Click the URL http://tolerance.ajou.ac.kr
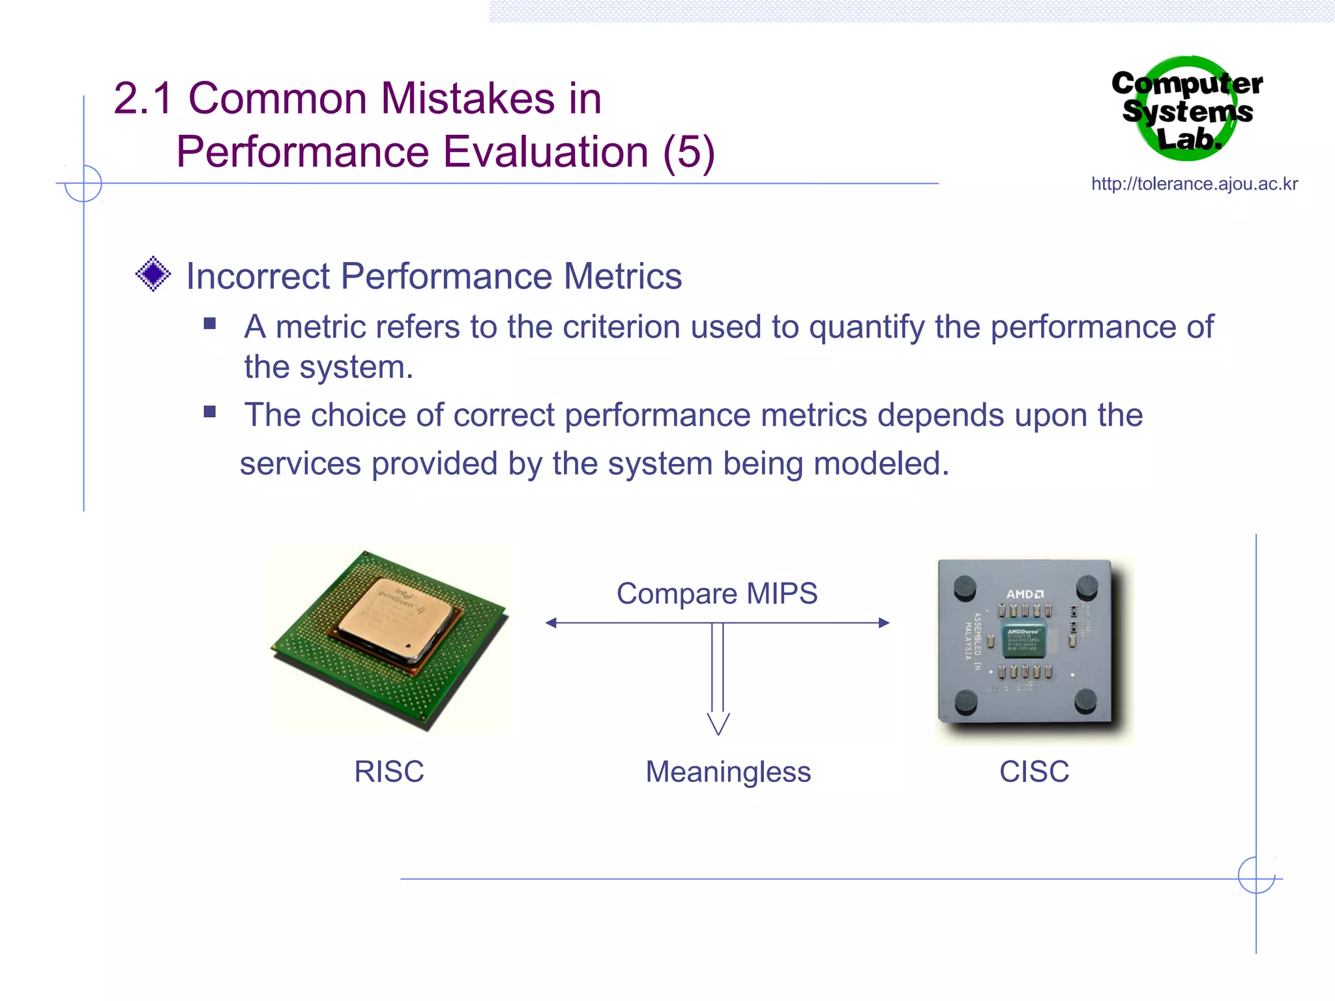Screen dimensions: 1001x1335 [1194, 184]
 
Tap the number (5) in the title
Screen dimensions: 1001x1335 [689, 152]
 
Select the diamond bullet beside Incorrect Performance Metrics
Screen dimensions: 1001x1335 [153, 274]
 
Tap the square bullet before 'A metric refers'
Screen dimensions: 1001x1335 [210, 324]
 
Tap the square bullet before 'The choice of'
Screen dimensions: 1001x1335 [210, 412]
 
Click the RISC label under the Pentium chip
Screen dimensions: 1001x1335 [389, 772]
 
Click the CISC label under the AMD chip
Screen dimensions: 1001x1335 [1034, 772]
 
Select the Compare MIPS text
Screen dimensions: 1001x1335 [717, 594]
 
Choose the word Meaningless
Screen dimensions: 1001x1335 [728, 772]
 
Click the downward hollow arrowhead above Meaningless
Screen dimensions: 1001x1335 [718, 723]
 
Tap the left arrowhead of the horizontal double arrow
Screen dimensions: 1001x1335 [551, 623]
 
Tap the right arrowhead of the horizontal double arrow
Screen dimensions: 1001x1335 [884, 623]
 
